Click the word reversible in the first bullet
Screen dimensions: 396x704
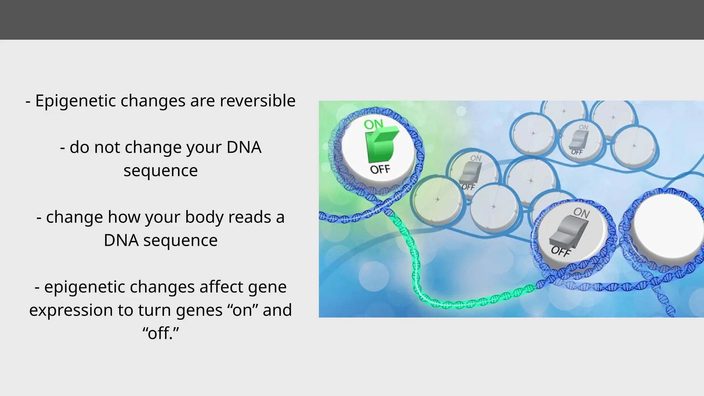(x=257, y=101)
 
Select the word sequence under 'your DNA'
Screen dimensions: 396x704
(x=161, y=170)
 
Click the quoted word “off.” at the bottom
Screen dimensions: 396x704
(x=161, y=333)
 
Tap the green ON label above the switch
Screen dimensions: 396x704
(x=373, y=124)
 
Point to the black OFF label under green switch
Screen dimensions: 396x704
(x=380, y=169)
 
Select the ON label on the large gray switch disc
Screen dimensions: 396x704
(x=581, y=213)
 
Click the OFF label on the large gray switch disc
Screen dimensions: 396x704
(x=561, y=251)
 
